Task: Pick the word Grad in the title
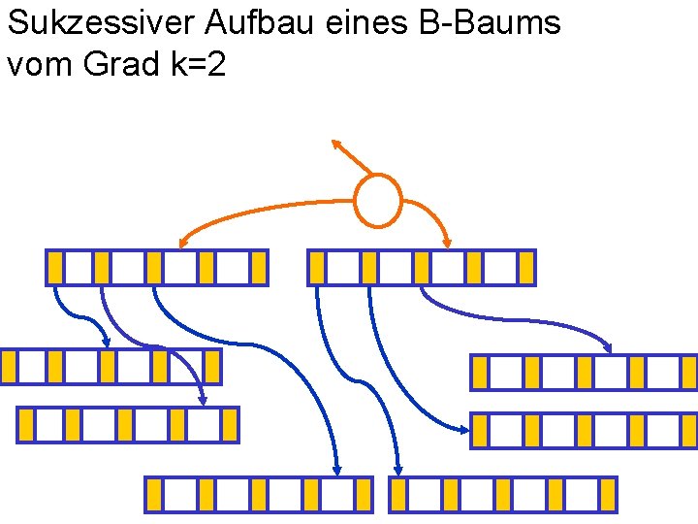tap(125, 65)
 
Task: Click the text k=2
tap(202, 65)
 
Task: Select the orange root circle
tap(377, 200)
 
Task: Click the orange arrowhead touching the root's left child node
tap(183, 242)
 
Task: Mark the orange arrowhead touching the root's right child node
tap(448, 242)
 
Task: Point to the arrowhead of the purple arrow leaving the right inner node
tap(608, 346)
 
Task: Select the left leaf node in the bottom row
tap(258, 494)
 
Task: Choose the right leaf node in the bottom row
tap(503, 494)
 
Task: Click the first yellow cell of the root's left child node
tap(55, 267)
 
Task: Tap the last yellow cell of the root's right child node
tap(525, 267)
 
